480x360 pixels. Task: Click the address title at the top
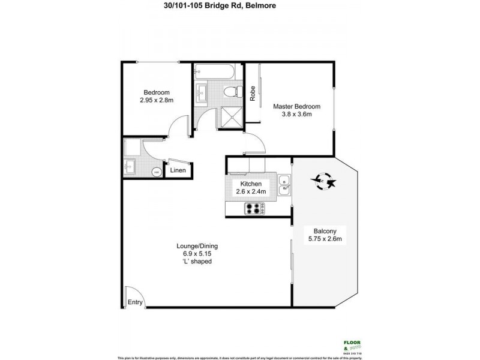[x=240, y=7]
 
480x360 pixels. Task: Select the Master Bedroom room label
[x=296, y=110]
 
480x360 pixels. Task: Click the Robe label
[x=253, y=94]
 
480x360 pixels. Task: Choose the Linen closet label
[x=178, y=171]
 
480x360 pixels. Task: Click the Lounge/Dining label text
[x=197, y=247]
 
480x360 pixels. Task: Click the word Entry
[x=135, y=302]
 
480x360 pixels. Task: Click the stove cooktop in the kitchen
[x=253, y=209]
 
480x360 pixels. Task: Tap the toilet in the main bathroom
[x=229, y=93]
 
